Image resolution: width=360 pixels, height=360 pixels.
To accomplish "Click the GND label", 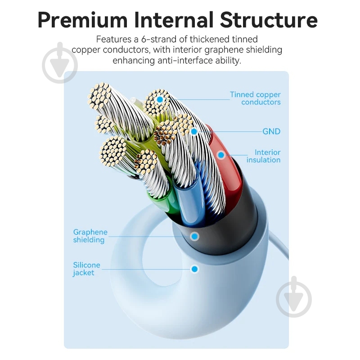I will (271, 131).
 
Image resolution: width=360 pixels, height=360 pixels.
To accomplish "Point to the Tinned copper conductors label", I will (255, 98).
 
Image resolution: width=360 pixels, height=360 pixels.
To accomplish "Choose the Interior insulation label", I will (264, 156).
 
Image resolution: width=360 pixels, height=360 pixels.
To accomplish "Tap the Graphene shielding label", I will (90, 236).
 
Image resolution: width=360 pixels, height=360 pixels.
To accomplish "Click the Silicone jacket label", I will (86, 269).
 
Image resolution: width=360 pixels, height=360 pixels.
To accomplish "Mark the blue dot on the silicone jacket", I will (194, 269).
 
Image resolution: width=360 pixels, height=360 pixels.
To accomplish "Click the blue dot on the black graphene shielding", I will (194, 236).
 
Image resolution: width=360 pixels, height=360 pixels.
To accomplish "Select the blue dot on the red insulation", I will (221, 155).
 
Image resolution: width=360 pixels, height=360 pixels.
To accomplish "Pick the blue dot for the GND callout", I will (194, 131).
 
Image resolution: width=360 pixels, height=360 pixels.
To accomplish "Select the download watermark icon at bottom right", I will (294, 297).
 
